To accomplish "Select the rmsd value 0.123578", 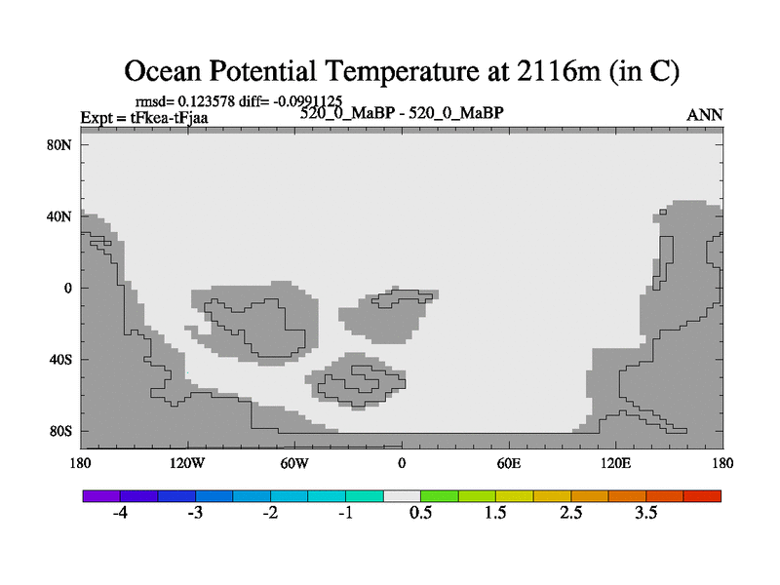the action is pos(207,101).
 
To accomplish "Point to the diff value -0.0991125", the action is pos(308,101).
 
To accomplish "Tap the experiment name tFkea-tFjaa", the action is pos(169,118).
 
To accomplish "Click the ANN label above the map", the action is pos(704,115).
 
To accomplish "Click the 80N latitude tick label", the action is pos(59,145).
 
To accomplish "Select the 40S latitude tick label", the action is pos(60,360).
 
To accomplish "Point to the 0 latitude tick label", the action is pos(67,288).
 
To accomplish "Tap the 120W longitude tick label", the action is pos(187,464).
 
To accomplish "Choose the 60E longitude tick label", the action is pos(509,464).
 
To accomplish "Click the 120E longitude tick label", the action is pos(616,464).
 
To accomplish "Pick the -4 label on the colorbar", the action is pos(120,513).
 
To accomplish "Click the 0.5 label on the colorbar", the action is pos(420,513).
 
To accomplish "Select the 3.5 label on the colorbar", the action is pos(645,513).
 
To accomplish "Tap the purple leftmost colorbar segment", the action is pos(101,496).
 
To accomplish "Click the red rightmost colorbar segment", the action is pos(702,496).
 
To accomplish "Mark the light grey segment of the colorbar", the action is pos(402,496).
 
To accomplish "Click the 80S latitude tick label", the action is pos(60,431).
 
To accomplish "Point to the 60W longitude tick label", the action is pos(294,464).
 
